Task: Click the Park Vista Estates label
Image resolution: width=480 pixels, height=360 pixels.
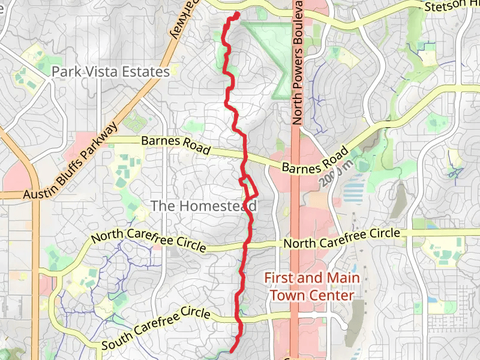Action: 110,72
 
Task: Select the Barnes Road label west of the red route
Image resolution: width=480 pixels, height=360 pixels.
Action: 176,146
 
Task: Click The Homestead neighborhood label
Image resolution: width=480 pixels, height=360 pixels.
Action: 203,206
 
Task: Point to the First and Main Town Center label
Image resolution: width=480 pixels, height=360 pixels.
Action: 311,287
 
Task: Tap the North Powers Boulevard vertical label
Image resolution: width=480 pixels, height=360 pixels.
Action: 298,63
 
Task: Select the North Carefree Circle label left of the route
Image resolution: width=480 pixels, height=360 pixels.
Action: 148,239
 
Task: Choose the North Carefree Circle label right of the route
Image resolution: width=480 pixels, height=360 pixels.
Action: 341,238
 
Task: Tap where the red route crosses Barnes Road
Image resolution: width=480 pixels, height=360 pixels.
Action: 245,157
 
